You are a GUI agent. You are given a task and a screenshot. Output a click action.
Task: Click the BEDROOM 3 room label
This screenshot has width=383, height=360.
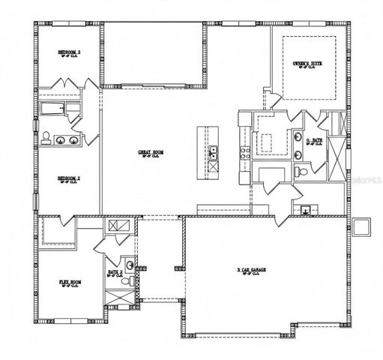69,52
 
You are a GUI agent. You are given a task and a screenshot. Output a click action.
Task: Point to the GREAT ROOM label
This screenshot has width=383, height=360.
150,152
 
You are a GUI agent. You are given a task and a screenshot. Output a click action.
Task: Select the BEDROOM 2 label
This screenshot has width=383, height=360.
69,178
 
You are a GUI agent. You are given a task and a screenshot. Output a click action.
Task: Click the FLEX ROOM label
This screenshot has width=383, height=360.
69,283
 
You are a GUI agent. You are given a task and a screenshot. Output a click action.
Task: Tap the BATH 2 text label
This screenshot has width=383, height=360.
115,272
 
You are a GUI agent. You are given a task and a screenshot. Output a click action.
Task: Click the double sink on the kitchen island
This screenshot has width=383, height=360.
214,153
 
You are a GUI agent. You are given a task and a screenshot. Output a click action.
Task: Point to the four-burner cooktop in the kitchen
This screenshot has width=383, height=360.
244,154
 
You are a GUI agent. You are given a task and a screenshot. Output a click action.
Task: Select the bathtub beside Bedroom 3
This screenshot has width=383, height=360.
52,113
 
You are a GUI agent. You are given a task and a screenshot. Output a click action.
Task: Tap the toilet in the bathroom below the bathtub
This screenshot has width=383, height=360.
46,137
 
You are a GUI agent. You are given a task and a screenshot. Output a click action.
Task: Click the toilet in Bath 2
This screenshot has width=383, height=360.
130,283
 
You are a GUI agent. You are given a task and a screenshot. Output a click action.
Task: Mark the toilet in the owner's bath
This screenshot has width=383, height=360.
301,171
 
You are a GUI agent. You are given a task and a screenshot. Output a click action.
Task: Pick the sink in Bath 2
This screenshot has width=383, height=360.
130,265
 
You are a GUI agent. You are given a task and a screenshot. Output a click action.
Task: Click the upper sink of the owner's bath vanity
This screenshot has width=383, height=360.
298,139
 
